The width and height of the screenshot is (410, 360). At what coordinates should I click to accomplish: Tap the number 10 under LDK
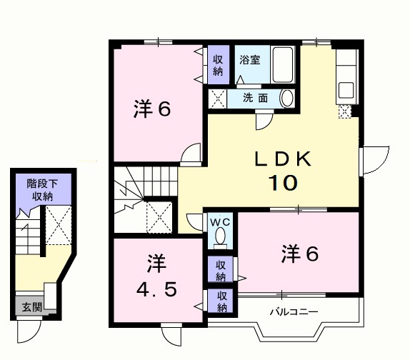click(283, 183)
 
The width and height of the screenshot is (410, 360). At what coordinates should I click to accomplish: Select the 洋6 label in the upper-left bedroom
click(151, 111)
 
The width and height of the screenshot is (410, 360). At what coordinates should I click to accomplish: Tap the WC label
click(220, 221)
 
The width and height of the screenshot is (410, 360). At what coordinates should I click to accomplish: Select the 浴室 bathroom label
click(249, 61)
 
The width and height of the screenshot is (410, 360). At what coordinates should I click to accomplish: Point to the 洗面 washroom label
click(254, 98)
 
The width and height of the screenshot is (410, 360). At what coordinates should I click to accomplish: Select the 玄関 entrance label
click(31, 308)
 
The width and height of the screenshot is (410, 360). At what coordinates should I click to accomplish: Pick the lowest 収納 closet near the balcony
click(221, 302)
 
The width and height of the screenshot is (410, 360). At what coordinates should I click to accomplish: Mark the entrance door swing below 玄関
click(29, 329)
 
